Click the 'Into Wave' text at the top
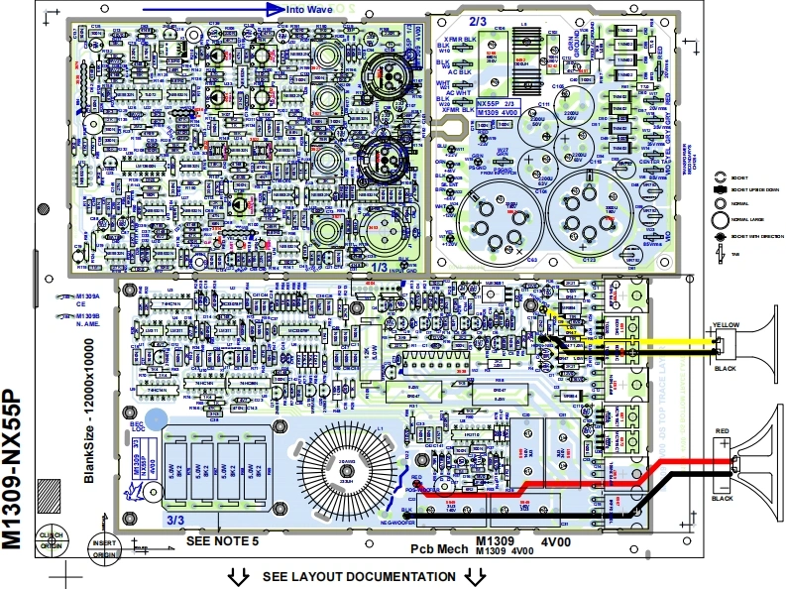[x=306, y=9]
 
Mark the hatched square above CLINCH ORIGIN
[x=49, y=494]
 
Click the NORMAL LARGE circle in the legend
[x=721, y=219]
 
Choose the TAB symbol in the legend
[x=721, y=255]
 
